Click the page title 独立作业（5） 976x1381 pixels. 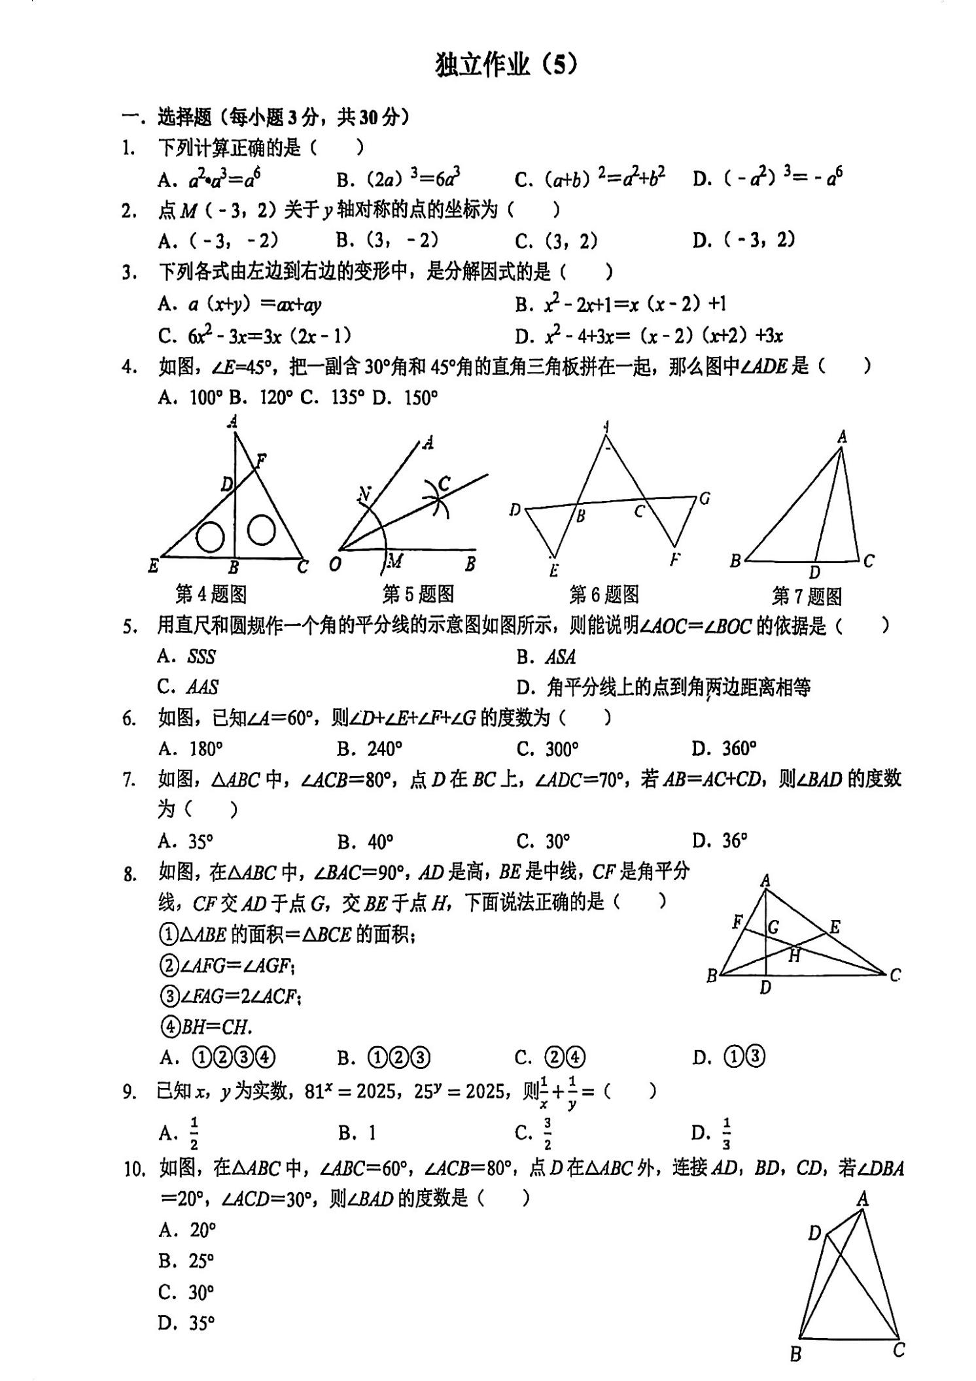tap(506, 65)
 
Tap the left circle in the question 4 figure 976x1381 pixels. tap(211, 537)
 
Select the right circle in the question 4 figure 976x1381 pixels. tap(261, 530)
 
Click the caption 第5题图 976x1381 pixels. tap(418, 594)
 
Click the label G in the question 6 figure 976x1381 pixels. tap(705, 499)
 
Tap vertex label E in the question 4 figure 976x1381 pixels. tap(154, 566)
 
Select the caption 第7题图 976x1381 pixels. tap(807, 596)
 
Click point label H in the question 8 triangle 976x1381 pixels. tap(794, 956)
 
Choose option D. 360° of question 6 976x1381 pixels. tap(724, 748)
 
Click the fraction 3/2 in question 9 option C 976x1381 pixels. tap(547, 1133)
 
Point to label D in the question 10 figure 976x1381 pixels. tap(814, 1233)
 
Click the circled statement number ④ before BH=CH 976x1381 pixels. tap(169, 1027)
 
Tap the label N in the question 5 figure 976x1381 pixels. tap(365, 495)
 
